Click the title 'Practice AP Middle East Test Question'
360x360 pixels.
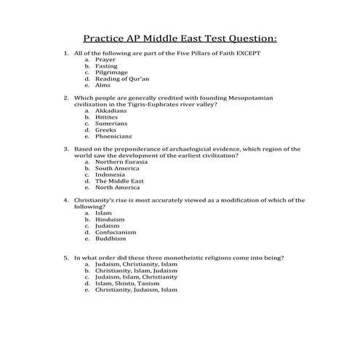[x=180, y=37]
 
